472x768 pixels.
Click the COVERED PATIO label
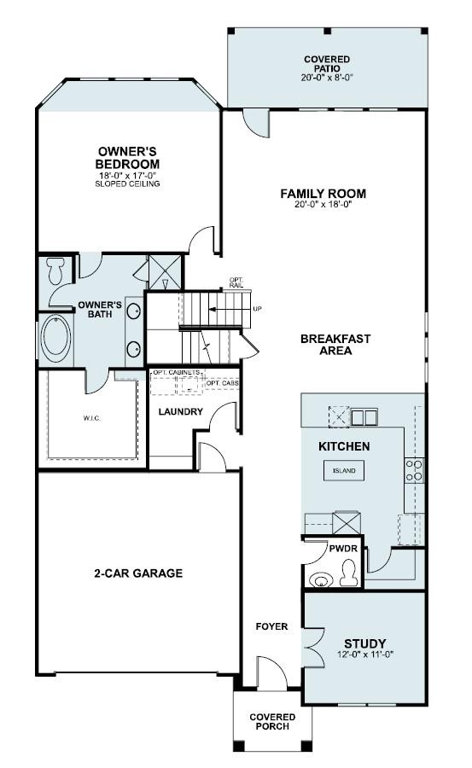click(326, 67)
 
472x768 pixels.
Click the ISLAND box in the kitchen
click(344, 470)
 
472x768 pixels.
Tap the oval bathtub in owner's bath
click(57, 339)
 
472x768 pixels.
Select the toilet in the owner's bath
click(56, 271)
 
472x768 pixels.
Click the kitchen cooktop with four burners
click(414, 470)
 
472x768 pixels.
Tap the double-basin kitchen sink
click(364, 417)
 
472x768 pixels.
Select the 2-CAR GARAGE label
click(137, 573)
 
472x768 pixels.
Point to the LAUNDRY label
click(180, 412)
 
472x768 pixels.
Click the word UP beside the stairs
click(257, 308)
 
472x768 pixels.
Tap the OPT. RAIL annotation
click(236, 282)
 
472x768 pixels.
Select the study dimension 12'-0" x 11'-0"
click(364, 655)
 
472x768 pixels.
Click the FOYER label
click(271, 626)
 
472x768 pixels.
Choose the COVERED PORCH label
click(271, 722)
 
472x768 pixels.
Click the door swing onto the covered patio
click(255, 124)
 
